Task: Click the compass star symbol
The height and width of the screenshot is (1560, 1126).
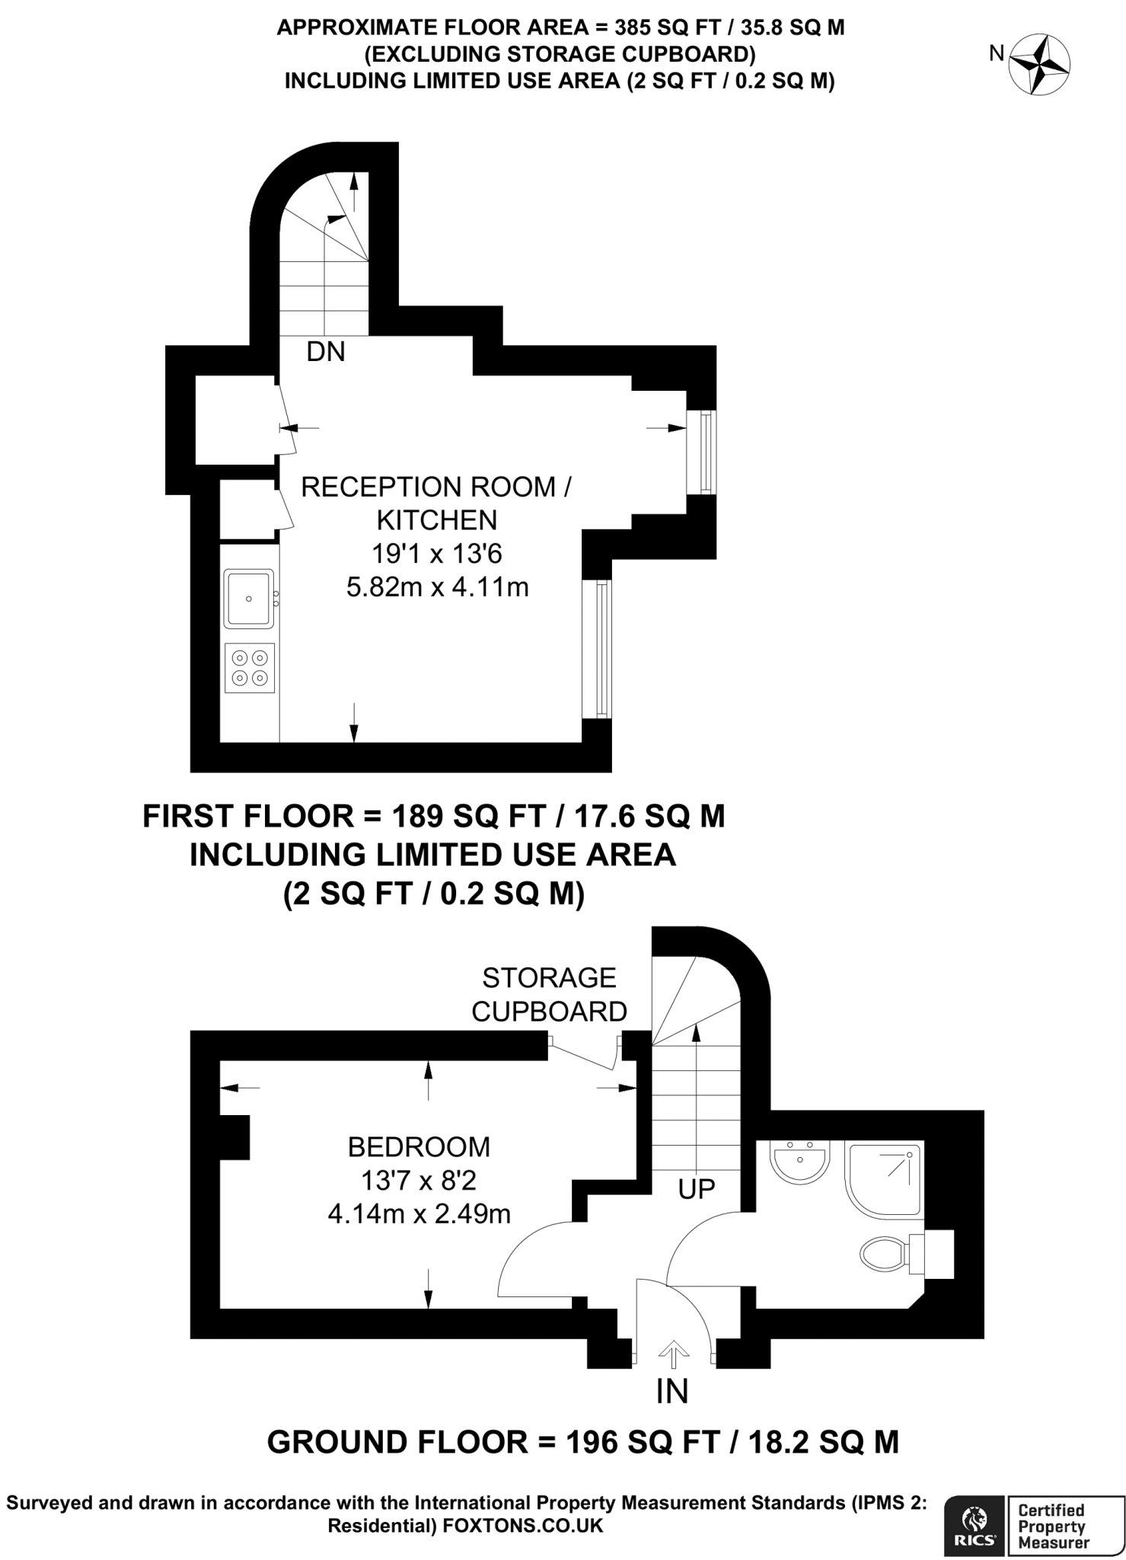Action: [x=1040, y=66]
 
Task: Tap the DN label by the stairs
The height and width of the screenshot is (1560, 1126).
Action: [x=326, y=352]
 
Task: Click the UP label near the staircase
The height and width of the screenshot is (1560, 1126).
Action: [x=696, y=1189]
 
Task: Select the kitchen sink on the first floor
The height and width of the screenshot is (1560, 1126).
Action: [x=248, y=599]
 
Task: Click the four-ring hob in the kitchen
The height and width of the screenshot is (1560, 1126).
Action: [x=250, y=667]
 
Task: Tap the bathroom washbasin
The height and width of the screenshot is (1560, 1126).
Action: [x=800, y=1162]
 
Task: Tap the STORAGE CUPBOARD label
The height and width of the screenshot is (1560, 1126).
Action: [x=549, y=995]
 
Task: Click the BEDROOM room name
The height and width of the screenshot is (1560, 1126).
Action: [x=419, y=1146]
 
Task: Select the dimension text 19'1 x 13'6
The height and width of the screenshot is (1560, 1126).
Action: [x=436, y=554]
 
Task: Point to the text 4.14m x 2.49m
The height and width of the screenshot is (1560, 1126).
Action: [x=419, y=1213]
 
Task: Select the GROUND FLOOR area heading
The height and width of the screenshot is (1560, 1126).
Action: [x=582, y=1442]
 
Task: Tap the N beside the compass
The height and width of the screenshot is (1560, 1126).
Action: [x=997, y=53]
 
